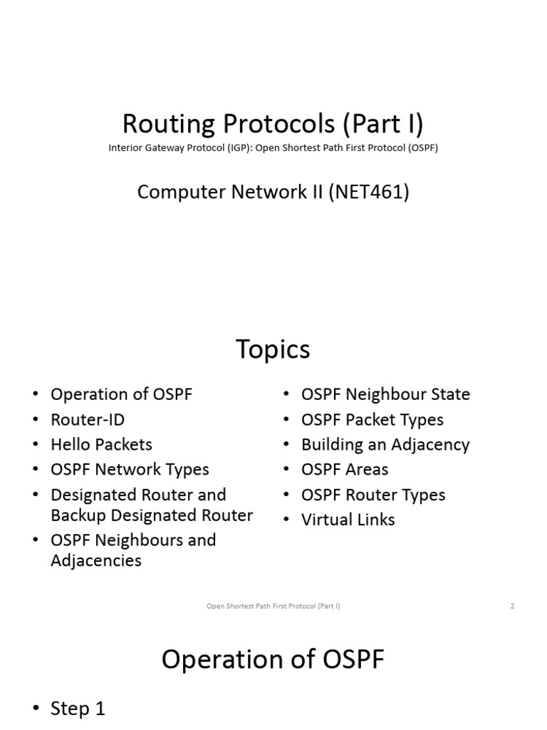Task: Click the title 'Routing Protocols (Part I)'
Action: [273, 124]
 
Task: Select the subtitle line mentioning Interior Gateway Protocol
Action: [273, 148]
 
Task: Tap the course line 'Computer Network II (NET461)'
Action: [273, 192]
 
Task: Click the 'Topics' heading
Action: [273, 349]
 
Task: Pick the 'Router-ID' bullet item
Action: [88, 419]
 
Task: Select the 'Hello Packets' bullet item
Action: [101, 444]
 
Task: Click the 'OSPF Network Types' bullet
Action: [130, 469]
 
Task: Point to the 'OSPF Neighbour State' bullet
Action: [385, 394]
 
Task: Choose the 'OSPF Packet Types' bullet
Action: [372, 419]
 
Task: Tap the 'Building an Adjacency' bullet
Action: [385, 444]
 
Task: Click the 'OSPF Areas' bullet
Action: [345, 469]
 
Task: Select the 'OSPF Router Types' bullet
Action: [373, 495]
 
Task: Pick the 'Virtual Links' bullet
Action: [348, 520]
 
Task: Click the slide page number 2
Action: [512, 606]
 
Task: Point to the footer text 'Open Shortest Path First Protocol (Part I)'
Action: [273, 606]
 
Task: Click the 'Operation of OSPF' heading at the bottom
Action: [273, 659]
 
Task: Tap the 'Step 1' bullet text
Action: [78, 709]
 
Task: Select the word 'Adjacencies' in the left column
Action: [96, 560]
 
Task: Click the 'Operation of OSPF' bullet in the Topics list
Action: [121, 394]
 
